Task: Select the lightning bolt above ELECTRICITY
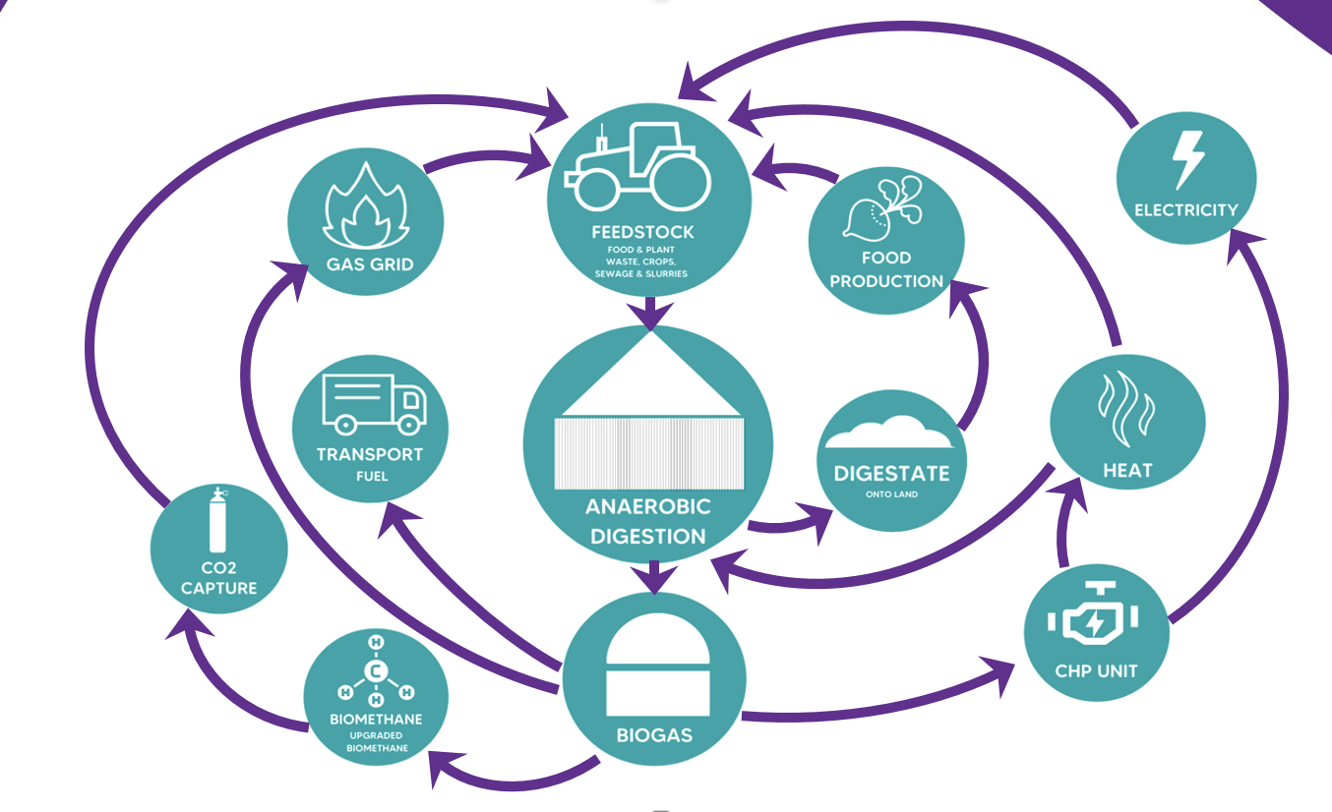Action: [x=1187, y=159]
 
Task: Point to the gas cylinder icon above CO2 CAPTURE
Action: [x=217, y=522]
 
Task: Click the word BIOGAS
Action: [x=654, y=734]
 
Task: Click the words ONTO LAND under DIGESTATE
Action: [x=891, y=494]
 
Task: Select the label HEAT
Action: [x=1126, y=471]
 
